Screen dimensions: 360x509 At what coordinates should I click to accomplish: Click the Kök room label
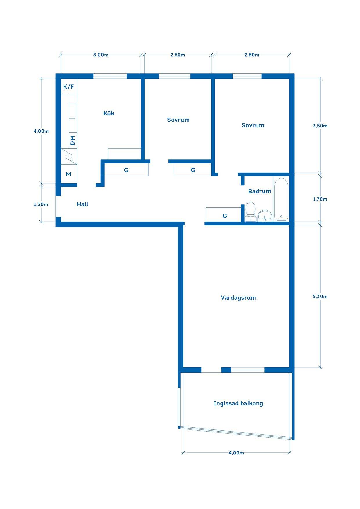click(109, 113)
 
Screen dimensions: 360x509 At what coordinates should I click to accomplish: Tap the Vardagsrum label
click(238, 298)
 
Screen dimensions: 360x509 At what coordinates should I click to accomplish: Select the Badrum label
click(260, 191)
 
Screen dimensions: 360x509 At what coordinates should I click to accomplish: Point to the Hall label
click(82, 204)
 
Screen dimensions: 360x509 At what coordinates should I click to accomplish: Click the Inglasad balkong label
click(238, 403)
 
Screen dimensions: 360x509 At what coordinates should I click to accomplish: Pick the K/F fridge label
click(69, 86)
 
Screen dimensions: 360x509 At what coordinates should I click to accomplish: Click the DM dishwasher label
click(73, 140)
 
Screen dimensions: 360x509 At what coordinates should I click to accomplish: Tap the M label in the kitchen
click(69, 174)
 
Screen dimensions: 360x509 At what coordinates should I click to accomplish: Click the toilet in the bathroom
click(250, 212)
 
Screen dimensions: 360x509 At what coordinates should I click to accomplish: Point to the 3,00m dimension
click(101, 55)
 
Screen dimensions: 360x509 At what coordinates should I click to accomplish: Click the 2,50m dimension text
click(178, 55)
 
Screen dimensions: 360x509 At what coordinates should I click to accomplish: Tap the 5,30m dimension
click(320, 296)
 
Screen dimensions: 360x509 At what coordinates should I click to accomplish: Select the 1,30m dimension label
click(41, 204)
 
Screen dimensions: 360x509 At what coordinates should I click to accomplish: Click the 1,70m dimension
click(320, 199)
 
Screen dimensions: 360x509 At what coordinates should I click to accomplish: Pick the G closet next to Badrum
click(224, 215)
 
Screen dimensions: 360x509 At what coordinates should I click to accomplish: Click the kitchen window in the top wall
click(110, 76)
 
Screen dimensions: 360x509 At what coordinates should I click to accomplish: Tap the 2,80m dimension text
click(252, 55)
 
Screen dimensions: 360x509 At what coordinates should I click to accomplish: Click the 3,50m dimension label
click(320, 126)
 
